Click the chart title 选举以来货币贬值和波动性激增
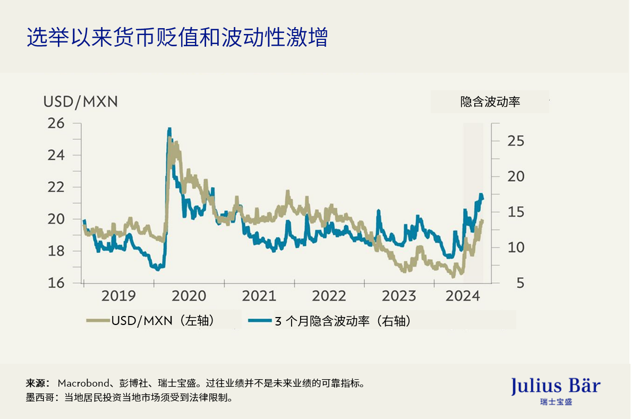(x=177, y=38)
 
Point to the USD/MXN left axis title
(x=80, y=101)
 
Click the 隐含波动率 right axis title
(x=490, y=102)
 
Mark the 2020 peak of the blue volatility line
(x=169, y=129)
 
